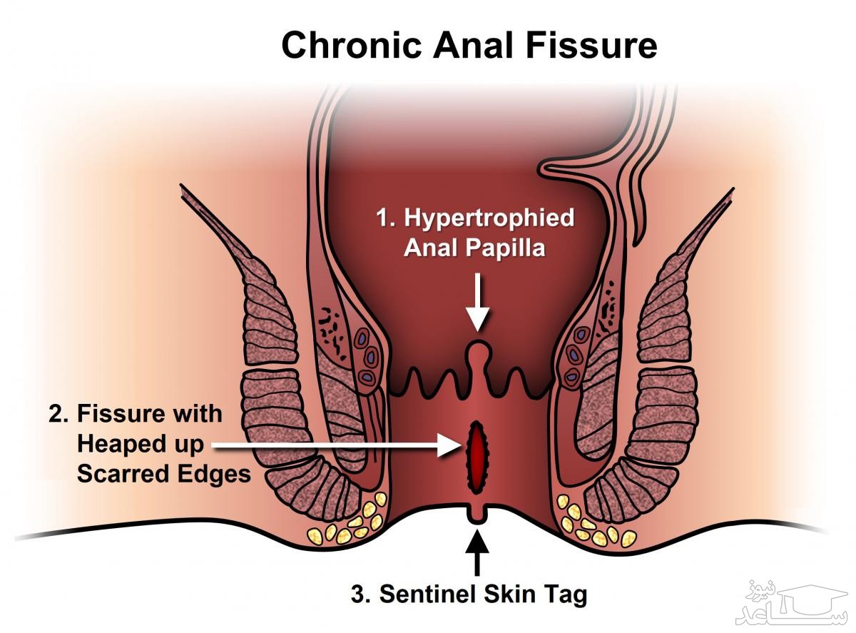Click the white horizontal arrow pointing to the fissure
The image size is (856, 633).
click(335, 445)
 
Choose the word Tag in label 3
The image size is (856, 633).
click(568, 594)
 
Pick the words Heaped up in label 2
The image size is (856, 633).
click(141, 445)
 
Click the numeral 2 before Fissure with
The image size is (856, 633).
click(54, 414)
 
